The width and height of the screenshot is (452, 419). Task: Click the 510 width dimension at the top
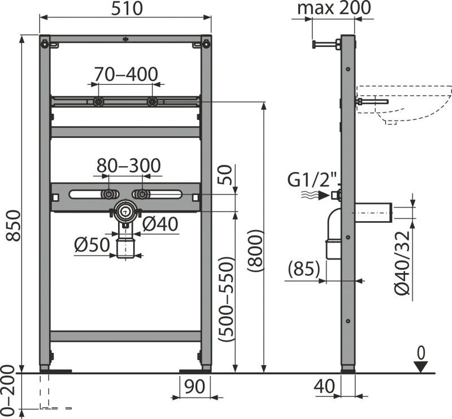(x=127, y=8)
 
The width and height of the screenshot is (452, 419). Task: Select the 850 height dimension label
(x=13, y=226)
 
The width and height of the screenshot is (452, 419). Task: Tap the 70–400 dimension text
(x=126, y=74)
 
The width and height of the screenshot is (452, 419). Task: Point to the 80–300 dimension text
(x=128, y=166)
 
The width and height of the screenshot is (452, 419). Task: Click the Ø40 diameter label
(x=160, y=224)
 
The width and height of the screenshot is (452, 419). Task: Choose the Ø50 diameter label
(x=92, y=244)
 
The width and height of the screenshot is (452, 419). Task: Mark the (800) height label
(x=255, y=250)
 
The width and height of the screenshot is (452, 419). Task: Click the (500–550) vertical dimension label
(x=225, y=299)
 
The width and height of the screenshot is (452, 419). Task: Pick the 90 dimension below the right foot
(x=194, y=386)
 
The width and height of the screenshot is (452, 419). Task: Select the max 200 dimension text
(x=334, y=8)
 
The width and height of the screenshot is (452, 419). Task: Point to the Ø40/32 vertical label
(x=402, y=263)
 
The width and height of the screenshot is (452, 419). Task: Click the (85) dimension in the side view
(x=304, y=269)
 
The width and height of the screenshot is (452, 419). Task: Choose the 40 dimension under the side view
(x=324, y=386)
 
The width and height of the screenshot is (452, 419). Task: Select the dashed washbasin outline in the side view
(x=403, y=105)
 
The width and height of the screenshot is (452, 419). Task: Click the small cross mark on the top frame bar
(x=125, y=39)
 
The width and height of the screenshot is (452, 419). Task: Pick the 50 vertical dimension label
(x=227, y=175)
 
